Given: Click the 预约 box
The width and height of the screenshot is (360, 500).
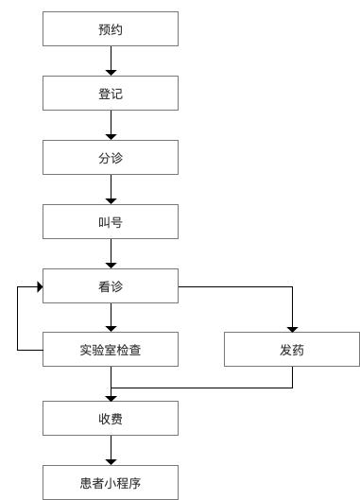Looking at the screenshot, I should coord(111,29).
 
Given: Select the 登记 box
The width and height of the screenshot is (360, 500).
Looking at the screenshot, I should coord(111,95).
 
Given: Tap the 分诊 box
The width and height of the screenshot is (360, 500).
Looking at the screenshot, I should coord(111,158).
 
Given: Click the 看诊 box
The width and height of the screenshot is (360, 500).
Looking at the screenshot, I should coord(111,286).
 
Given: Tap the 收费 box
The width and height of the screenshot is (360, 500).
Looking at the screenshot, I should coord(111,416).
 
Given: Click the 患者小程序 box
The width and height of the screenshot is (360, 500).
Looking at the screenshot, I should coord(111,480).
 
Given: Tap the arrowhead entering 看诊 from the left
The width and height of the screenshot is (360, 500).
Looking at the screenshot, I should coord(39,286).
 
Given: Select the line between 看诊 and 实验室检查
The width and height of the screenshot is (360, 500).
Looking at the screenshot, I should coord(111,319).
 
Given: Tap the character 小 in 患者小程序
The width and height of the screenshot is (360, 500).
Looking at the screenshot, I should coord(111,480).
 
